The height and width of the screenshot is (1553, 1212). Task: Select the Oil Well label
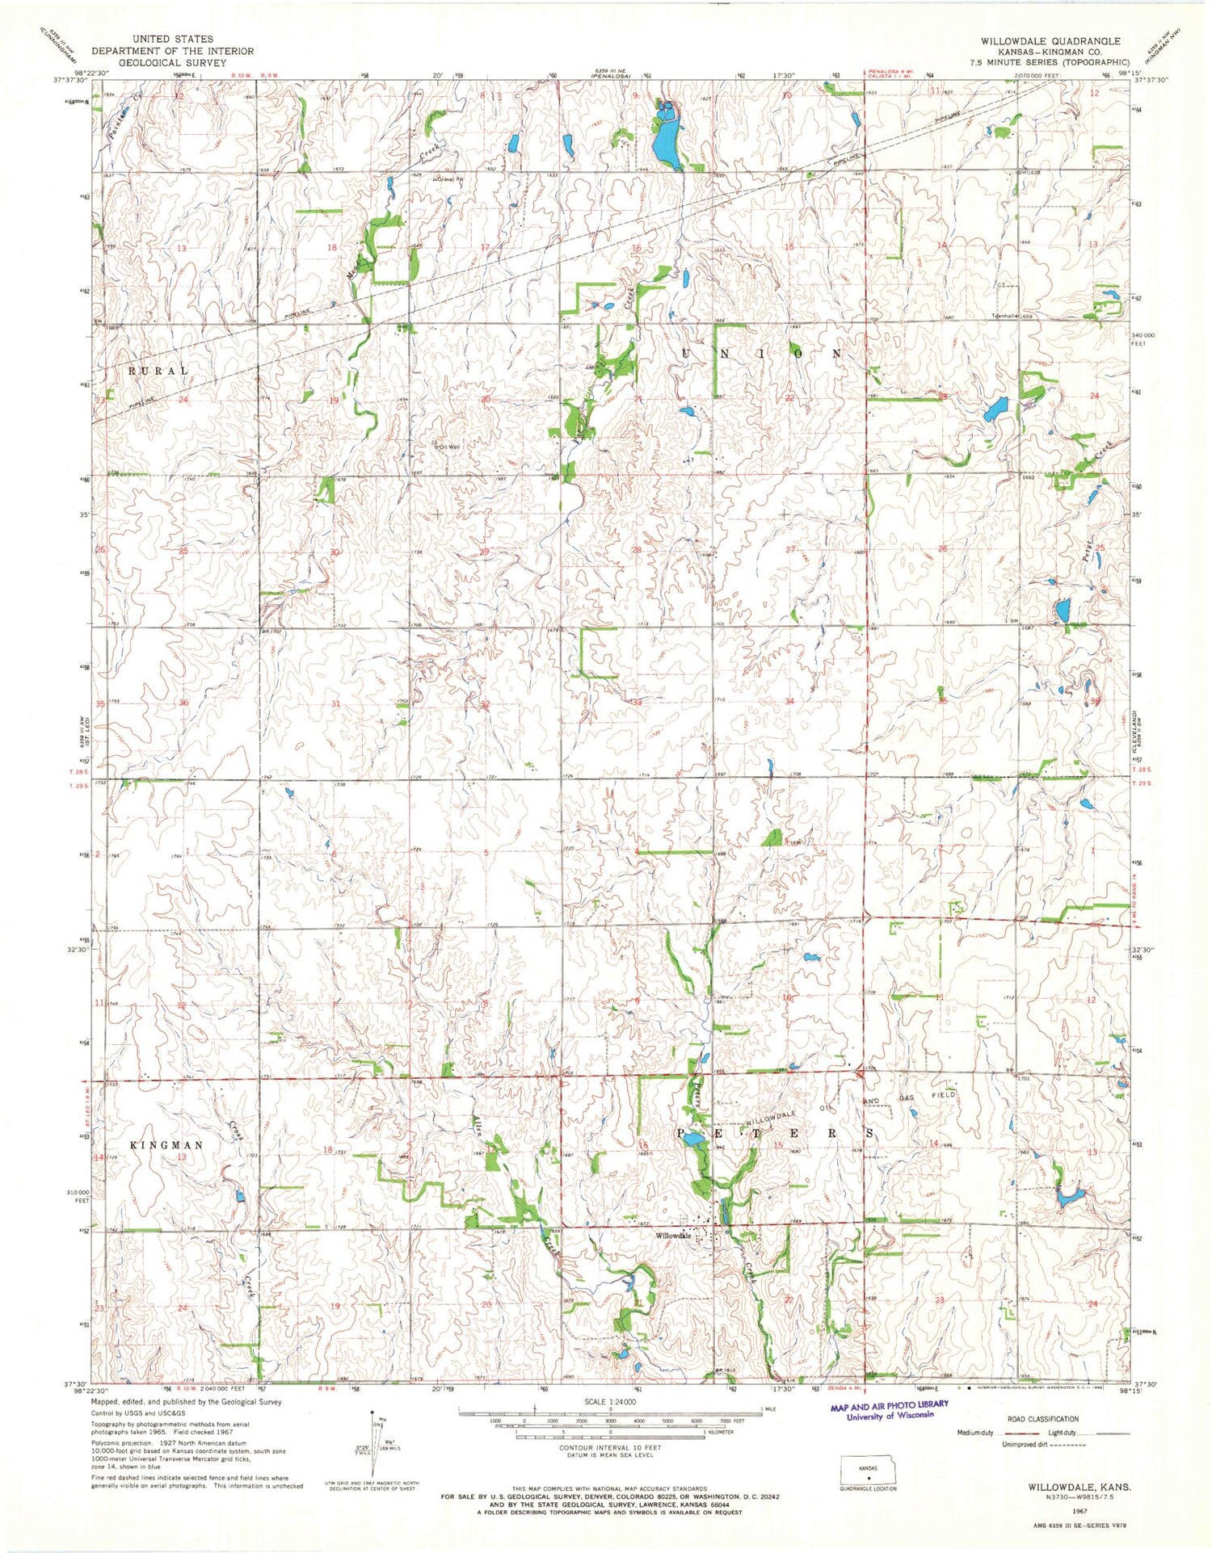point(448,445)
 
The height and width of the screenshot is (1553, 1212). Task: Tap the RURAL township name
point(158,371)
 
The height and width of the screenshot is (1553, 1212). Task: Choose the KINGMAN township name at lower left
point(166,1145)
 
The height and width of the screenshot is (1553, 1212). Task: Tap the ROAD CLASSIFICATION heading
point(1042,1419)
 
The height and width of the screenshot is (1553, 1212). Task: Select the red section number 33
point(637,703)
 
